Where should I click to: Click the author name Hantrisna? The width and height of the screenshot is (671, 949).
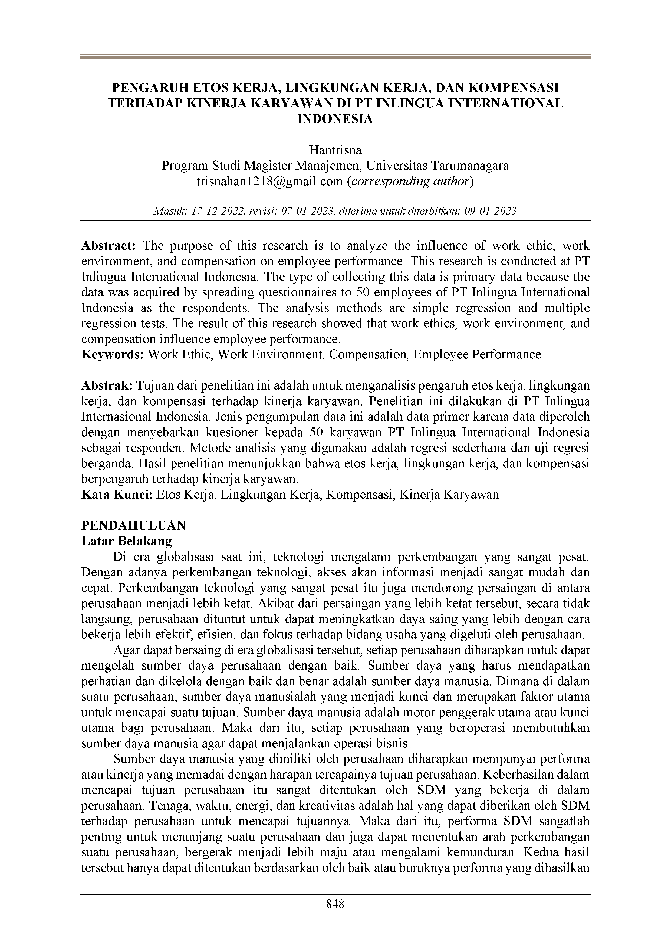[335, 150]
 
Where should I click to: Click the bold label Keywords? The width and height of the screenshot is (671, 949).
[113, 355]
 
